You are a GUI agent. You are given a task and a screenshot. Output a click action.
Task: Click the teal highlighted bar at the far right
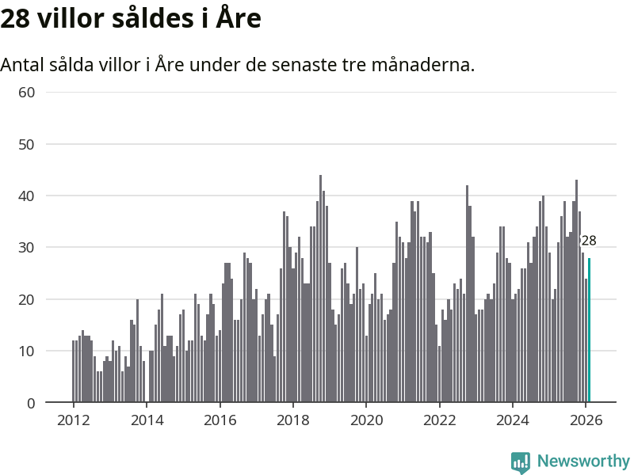589,330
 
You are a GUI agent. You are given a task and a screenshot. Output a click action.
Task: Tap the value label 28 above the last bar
588,241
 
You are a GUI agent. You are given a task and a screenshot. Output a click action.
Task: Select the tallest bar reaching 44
320,289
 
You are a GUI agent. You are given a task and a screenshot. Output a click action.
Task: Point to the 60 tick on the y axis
27,92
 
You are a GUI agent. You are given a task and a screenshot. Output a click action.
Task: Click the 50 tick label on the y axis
27,144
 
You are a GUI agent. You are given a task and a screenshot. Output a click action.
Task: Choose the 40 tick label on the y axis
27,196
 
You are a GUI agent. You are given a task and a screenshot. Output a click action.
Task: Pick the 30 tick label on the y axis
27,247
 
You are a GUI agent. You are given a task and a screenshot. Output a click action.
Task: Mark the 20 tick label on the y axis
27,299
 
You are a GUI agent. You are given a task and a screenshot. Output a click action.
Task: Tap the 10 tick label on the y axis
27,351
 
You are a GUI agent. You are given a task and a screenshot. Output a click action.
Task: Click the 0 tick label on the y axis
31,403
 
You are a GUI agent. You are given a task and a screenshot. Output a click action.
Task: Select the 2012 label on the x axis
73,420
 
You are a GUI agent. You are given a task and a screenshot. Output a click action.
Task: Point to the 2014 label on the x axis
147,420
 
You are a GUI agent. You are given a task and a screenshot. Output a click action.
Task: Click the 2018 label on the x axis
292,420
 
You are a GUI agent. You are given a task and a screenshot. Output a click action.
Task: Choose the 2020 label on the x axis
365,420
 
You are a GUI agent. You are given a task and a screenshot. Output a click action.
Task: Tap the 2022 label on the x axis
439,420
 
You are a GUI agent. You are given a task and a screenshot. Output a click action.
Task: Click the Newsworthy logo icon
521,462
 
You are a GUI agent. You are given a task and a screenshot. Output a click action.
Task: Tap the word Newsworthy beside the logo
583,461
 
